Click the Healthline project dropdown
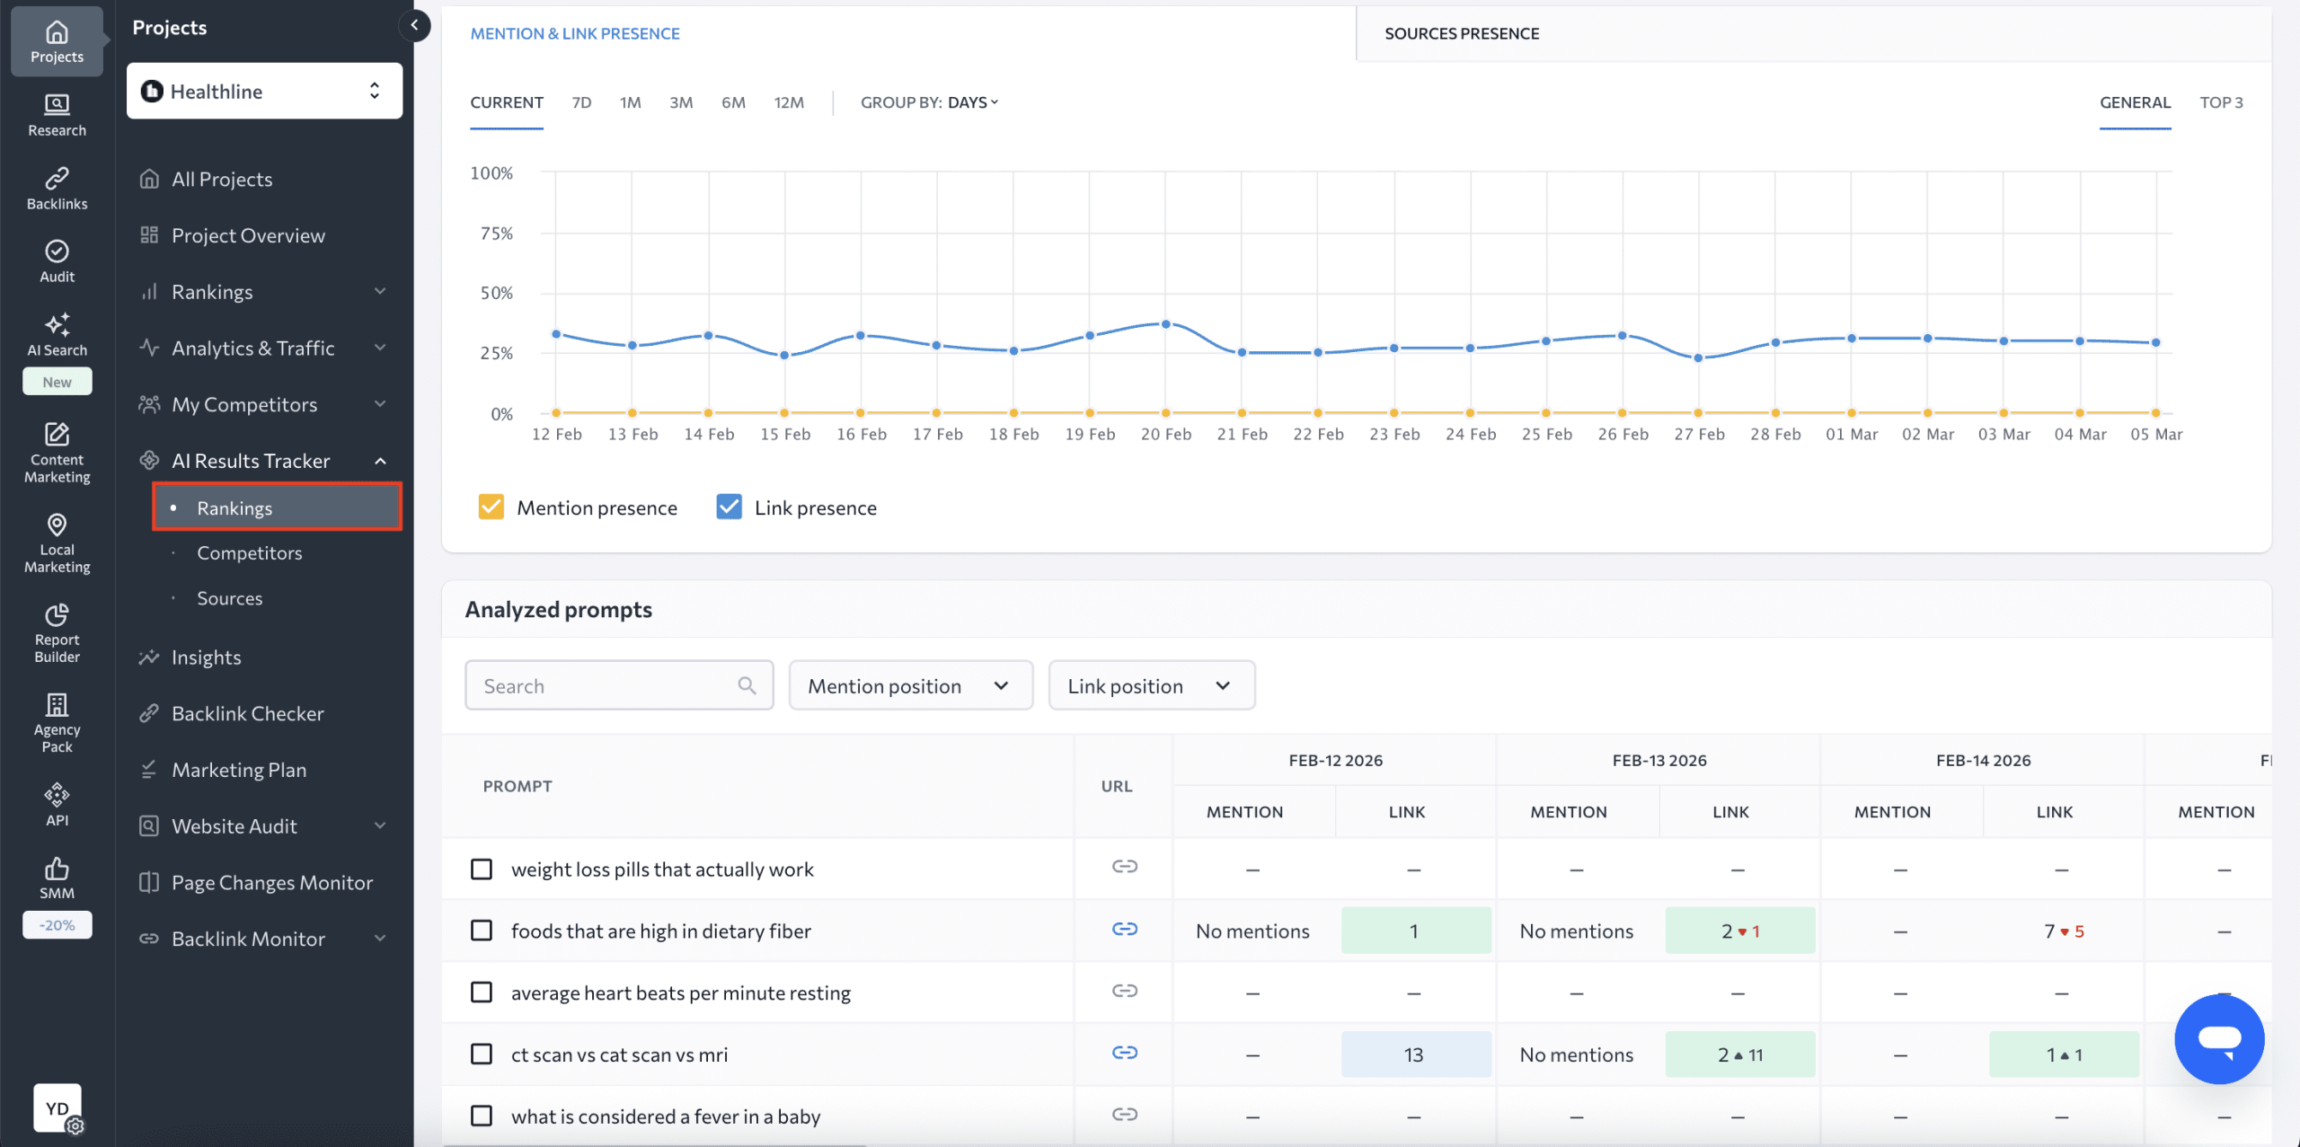click(263, 91)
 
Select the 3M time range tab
click(680, 102)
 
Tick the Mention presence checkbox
click(491, 507)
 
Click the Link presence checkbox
click(729, 507)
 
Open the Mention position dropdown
click(910, 686)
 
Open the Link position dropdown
click(1151, 686)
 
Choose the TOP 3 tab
click(2220, 102)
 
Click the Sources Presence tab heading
click(1461, 34)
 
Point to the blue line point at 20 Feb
click(1165, 324)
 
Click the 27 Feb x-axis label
click(1698, 435)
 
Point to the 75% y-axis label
click(496, 234)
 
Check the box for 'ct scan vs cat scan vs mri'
click(482, 1054)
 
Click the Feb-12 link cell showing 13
click(1415, 1054)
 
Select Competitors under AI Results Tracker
click(249, 553)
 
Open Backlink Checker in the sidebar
click(247, 714)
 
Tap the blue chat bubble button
click(2218, 1039)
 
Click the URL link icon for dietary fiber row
click(1124, 929)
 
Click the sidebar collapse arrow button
click(414, 25)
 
